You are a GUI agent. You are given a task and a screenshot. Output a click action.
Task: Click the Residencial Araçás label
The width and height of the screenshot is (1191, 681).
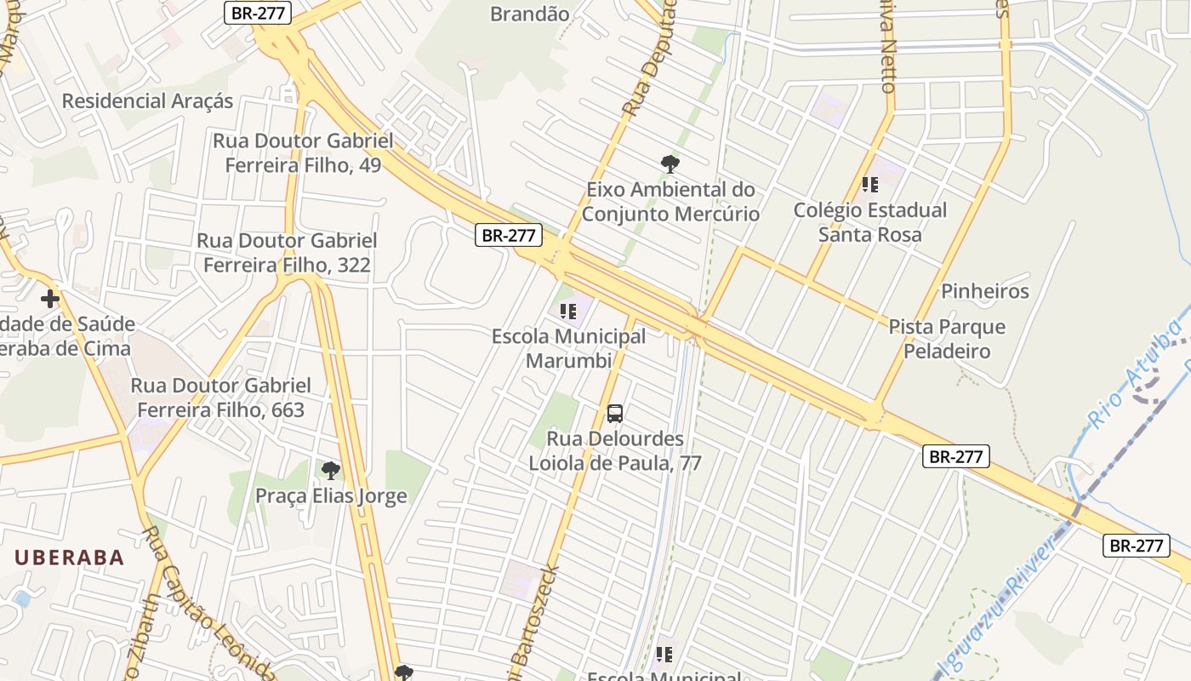[147, 101]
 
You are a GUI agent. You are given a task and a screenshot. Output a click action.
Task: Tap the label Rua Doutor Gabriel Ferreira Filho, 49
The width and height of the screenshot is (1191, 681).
[303, 153]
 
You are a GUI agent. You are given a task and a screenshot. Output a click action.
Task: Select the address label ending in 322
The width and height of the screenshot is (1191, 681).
[287, 253]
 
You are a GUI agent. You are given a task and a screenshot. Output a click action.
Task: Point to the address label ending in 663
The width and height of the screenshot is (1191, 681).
[220, 398]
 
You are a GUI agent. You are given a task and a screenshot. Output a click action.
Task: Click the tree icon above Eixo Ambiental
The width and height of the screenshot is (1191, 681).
[670, 163]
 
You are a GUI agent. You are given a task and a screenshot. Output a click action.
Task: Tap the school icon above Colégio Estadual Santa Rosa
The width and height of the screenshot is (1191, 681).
[869, 184]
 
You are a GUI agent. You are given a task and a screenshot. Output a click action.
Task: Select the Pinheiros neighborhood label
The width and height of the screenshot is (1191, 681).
[984, 292]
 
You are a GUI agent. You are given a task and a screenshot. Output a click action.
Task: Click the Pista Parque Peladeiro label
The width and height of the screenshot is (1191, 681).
[947, 339]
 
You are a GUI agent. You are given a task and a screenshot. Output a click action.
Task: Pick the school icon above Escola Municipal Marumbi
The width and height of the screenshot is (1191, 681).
[568, 312]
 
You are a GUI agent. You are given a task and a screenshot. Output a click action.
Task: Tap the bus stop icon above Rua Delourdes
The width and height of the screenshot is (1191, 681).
[615, 415]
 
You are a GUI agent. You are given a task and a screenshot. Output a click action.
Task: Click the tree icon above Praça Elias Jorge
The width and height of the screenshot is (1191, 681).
[331, 470]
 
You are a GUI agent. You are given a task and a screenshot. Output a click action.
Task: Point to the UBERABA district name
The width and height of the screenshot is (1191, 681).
[70, 558]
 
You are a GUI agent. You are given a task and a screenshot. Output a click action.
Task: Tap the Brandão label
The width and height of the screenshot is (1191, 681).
[530, 13]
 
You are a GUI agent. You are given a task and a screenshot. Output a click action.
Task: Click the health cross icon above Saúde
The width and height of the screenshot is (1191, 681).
[50, 299]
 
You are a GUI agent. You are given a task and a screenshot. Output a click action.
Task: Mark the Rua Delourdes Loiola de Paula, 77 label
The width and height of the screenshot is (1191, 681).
[615, 451]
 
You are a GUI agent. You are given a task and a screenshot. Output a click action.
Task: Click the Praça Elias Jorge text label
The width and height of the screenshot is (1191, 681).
[331, 496]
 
